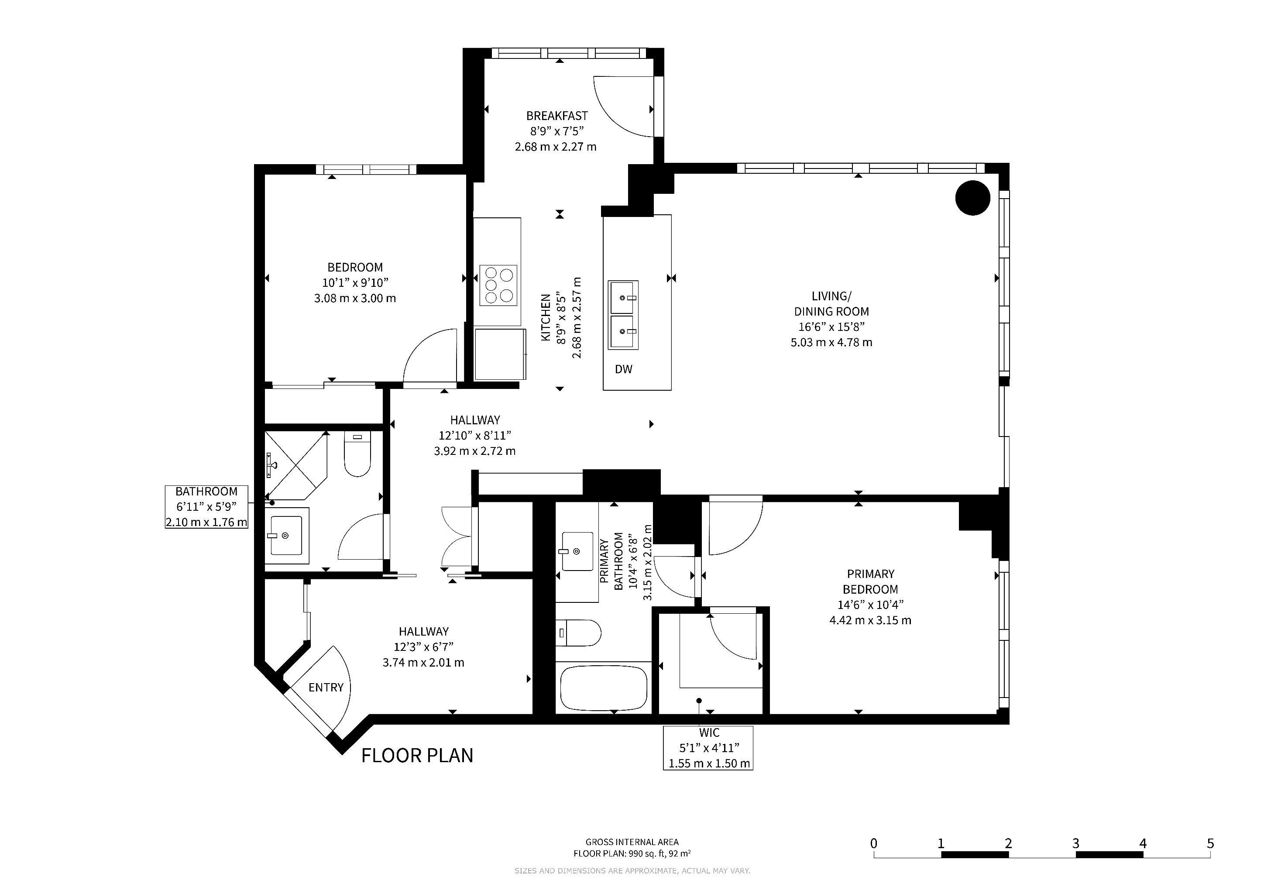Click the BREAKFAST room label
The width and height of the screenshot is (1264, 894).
(x=556, y=116)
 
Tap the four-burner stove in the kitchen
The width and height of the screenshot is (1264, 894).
(x=498, y=285)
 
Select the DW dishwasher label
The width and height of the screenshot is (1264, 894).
(x=623, y=369)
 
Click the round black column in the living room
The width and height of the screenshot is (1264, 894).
(x=973, y=198)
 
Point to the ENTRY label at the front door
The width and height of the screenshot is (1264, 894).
(x=326, y=688)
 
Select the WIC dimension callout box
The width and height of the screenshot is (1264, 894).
(x=708, y=748)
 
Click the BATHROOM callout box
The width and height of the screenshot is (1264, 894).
(x=206, y=506)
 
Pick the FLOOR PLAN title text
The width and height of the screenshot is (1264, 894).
(x=417, y=755)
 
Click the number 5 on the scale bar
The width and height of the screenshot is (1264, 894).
(x=1210, y=843)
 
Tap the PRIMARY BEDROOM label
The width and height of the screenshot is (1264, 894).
(x=870, y=581)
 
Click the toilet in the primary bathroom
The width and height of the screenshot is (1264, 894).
(x=578, y=633)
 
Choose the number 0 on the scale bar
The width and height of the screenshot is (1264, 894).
(x=874, y=843)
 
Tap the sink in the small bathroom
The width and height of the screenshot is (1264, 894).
(x=286, y=535)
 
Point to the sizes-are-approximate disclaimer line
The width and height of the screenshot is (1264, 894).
(x=632, y=871)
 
